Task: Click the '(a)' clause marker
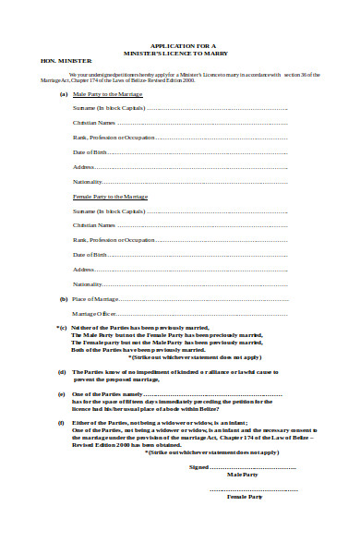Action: click(63, 94)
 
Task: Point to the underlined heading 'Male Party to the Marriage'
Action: click(109, 94)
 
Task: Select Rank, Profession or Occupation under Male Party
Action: click(114, 138)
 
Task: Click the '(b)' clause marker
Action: click(63, 299)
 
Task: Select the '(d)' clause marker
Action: click(62, 372)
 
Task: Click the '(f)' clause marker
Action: click(62, 422)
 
